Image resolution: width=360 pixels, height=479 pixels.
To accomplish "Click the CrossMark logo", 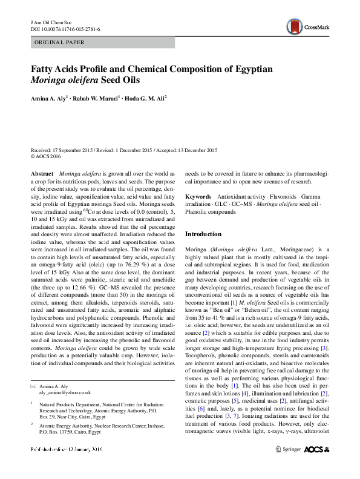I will [310, 26].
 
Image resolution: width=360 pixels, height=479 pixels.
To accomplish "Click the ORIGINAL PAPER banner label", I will [59, 42].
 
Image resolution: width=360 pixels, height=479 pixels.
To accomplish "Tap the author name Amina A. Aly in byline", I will [50, 97].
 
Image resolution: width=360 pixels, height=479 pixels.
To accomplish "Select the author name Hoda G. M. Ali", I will [145, 97].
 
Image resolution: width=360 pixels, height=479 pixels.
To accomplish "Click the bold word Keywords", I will [198, 197].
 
